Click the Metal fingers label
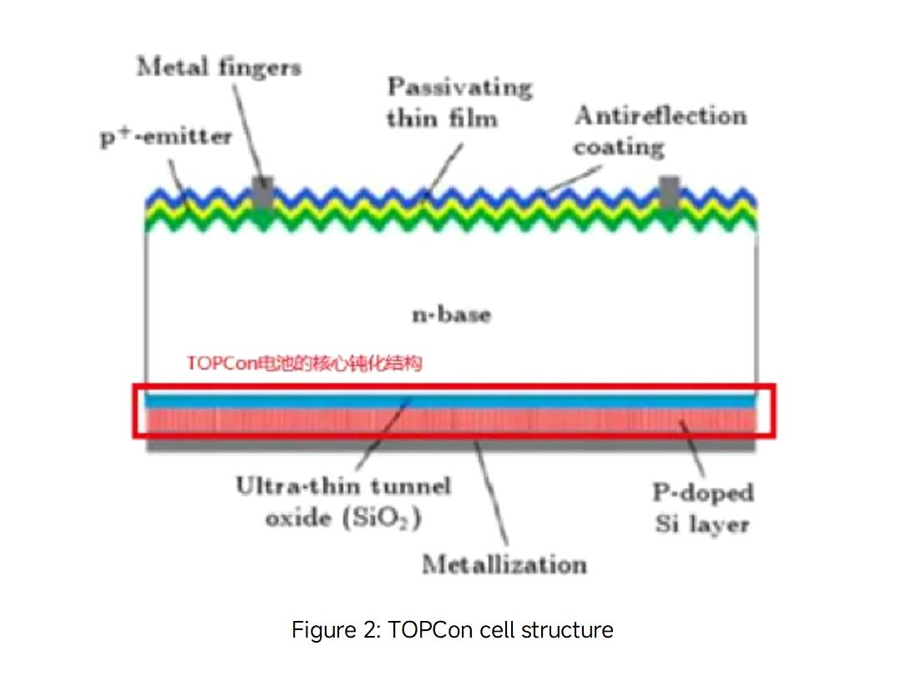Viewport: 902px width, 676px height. tap(219, 68)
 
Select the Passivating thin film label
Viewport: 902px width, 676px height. tap(459, 103)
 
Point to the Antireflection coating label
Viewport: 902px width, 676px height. tap(660, 131)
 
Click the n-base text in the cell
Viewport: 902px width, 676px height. tap(452, 315)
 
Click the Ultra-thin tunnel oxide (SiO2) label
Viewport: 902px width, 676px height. tap(343, 502)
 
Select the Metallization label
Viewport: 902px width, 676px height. tap(504, 564)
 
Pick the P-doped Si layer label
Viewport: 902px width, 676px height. tap(702, 508)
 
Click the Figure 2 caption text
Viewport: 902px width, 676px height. tap(452, 629)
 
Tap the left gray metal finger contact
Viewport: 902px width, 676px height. tap(263, 194)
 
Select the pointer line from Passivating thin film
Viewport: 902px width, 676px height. tap(443, 167)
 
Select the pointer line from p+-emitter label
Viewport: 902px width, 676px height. tap(180, 179)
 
